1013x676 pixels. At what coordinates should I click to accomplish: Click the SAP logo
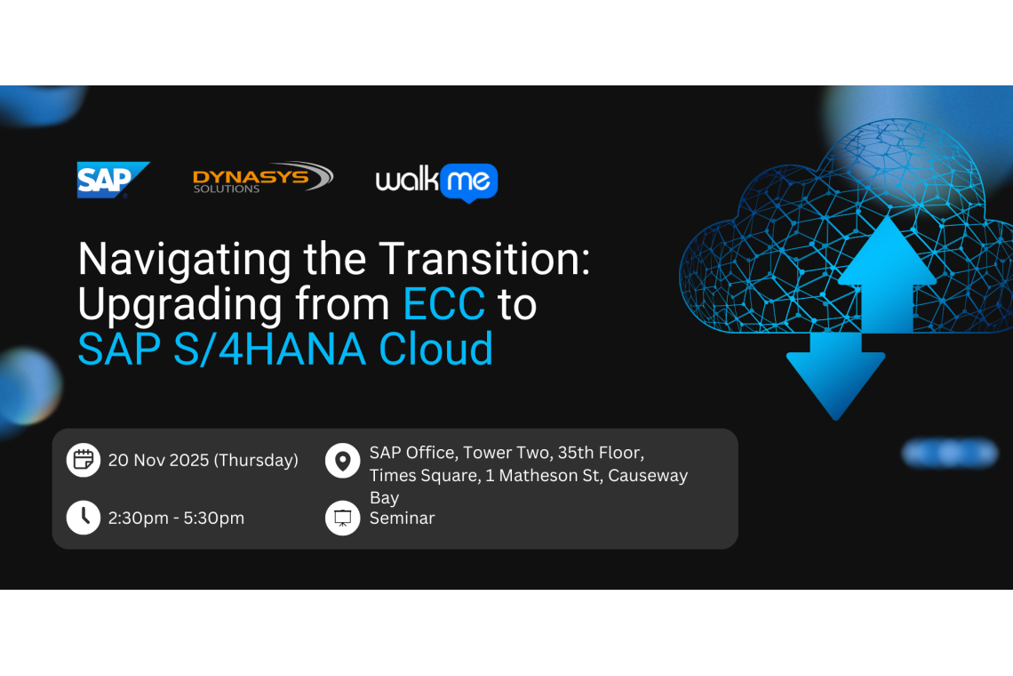point(112,179)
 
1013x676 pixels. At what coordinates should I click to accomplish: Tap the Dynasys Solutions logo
point(262,177)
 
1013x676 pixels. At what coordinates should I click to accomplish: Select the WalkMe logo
point(436,181)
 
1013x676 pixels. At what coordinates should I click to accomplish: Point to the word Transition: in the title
point(484,260)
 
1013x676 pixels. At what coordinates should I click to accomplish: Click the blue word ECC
point(443,304)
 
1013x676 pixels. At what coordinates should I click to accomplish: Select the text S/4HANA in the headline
point(266,349)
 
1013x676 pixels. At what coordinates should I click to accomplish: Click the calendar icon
point(84,460)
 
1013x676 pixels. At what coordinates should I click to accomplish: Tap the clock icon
point(84,517)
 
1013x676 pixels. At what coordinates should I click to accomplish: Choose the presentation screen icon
point(342,518)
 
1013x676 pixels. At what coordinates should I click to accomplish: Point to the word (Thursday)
point(257,460)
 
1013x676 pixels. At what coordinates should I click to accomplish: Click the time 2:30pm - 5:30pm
point(176,518)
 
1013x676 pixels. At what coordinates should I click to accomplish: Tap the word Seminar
point(402,518)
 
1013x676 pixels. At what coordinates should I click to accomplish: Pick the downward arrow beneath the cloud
point(835,378)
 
